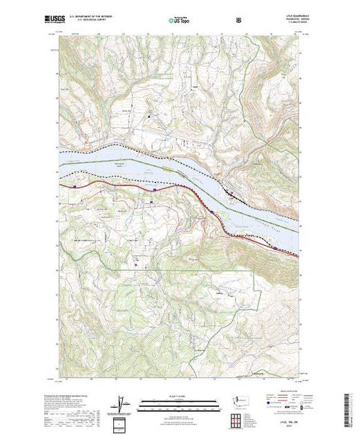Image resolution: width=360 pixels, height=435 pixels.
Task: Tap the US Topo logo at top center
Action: [x=179, y=20]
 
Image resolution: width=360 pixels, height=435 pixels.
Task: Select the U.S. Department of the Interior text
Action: [x=103, y=18]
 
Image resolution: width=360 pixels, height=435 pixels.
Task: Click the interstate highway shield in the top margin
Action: [x=238, y=20]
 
